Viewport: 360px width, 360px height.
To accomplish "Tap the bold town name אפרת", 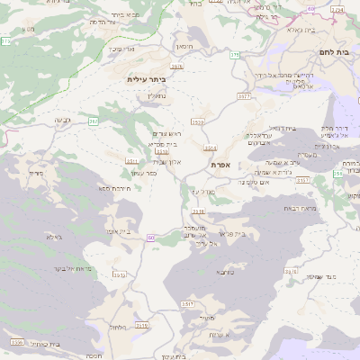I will [x=221, y=165].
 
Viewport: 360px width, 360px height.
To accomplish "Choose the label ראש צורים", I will [x=165, y=133].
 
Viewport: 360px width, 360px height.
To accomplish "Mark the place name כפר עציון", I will [x=144, y=172].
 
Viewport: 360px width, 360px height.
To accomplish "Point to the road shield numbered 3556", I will [x=16, y=342].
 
